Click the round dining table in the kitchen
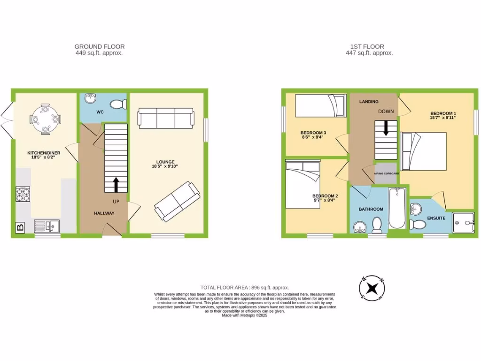(45, 118)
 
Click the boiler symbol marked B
(20, 228)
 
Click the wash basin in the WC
(90, 99)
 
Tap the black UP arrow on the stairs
(115, 185)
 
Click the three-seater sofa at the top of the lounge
(165, 118)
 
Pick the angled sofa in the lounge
(177, 201)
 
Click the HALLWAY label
(104, 213)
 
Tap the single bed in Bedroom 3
(315, 106)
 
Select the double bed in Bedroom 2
(303, 184)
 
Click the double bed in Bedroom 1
(423, 151)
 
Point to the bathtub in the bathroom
(397, 208)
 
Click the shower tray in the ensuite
(463, 222)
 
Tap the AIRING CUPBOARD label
(386, 173)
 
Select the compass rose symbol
(372, 288)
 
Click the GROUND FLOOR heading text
(99, 47)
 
